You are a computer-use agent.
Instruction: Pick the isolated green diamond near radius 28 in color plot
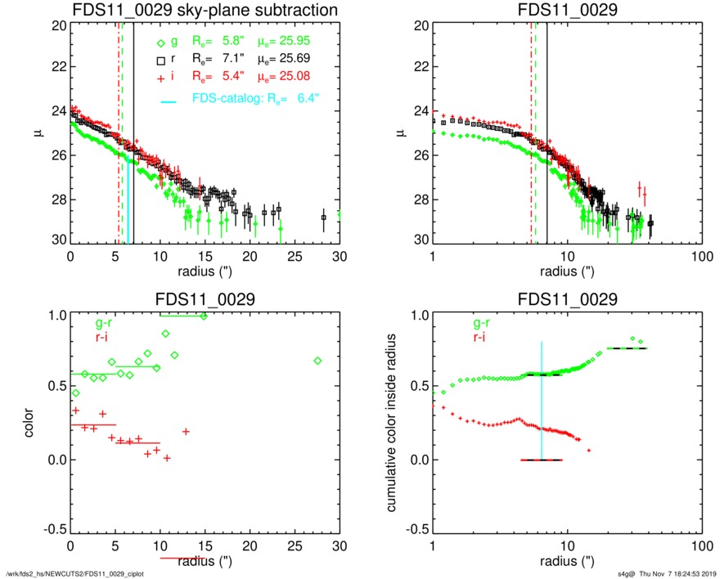(317, 361)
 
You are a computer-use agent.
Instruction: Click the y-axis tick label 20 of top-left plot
(57, 25)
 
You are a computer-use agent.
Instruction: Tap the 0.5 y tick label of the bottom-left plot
(54, 388)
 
